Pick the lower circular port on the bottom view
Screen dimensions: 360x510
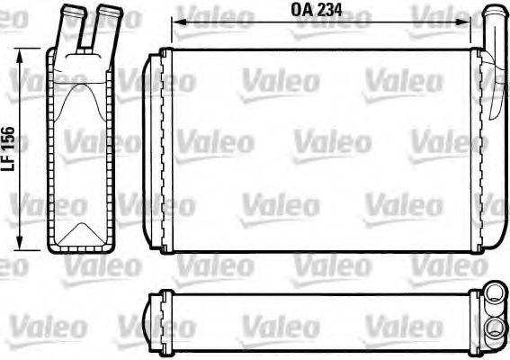point(494,326)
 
